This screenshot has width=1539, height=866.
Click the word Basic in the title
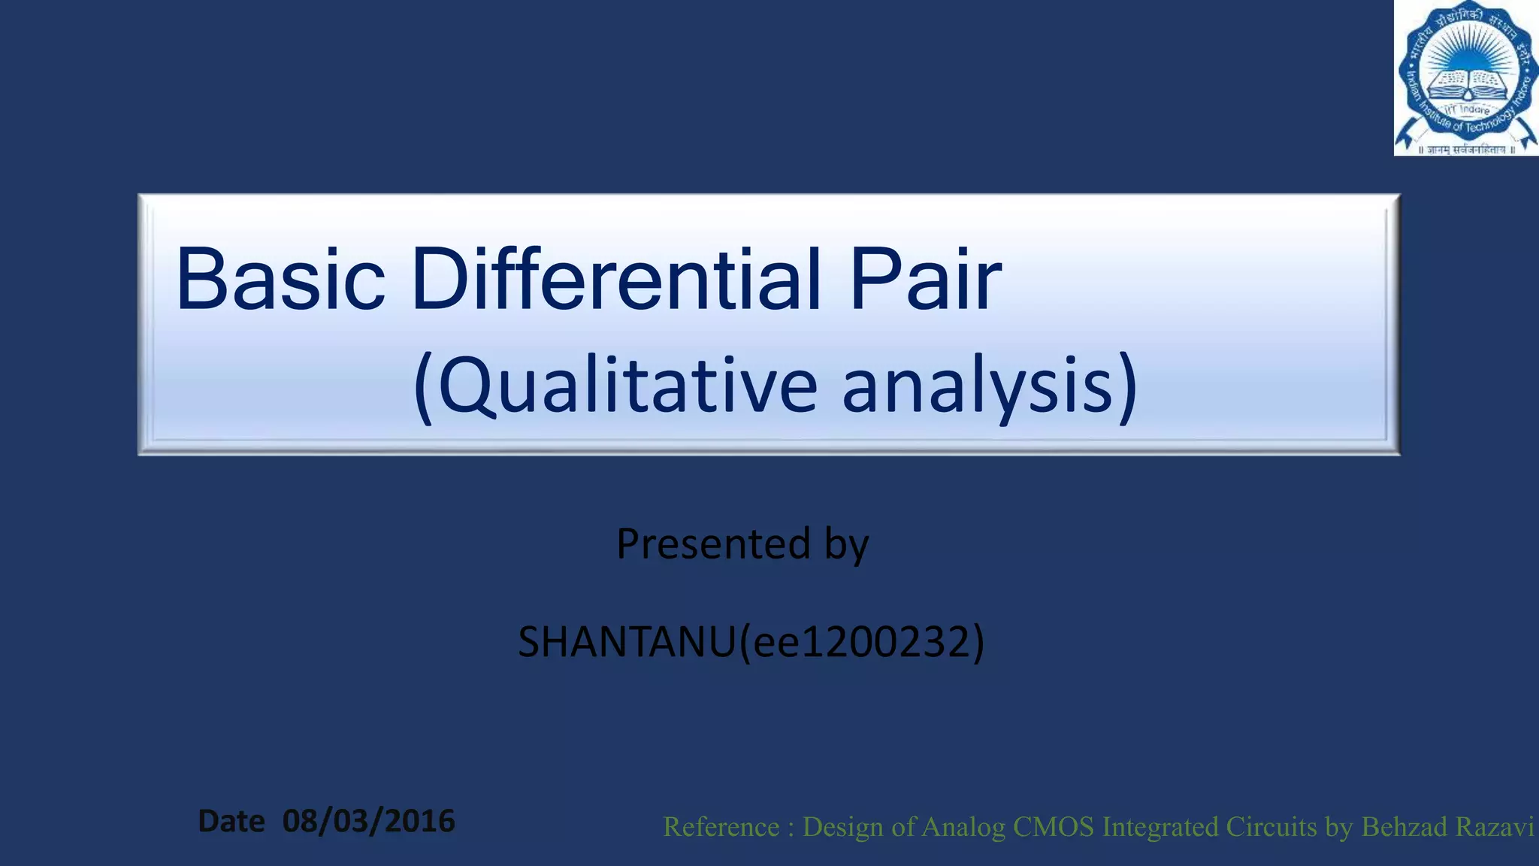280,280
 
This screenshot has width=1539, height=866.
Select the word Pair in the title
926,280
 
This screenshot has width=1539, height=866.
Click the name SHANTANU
626,643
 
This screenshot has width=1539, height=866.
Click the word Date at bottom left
231,822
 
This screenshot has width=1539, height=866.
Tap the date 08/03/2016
368,821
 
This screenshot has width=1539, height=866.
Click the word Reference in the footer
721,827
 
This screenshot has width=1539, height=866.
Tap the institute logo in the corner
1465,78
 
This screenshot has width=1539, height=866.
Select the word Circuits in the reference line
1271,827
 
